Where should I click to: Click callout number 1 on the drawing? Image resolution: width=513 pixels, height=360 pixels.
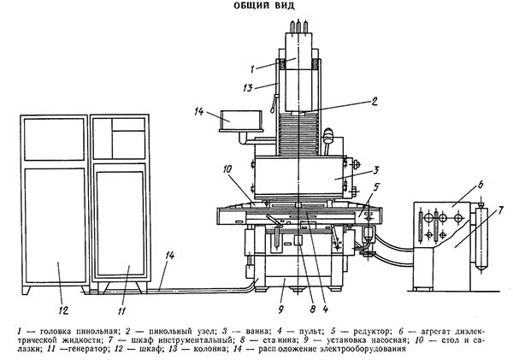coord(253,68)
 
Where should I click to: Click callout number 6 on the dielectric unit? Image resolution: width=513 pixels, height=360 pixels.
coord(457,185)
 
